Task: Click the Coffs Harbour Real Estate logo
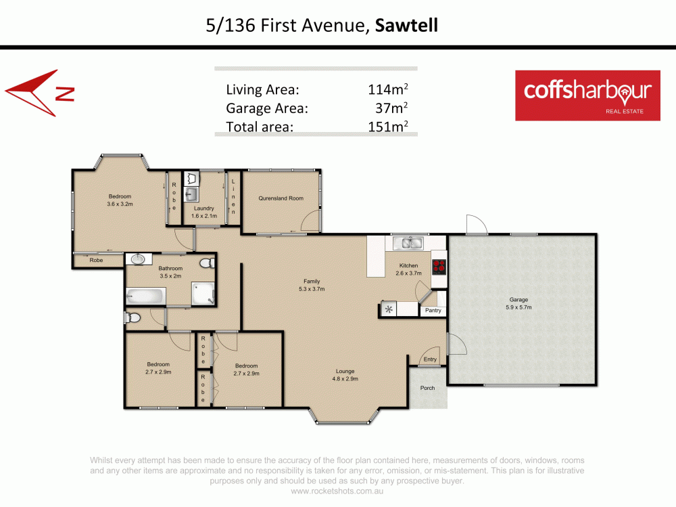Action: (587, 95)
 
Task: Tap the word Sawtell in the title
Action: (406, 26)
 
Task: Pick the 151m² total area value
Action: (385, 126)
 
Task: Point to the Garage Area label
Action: (267, 108)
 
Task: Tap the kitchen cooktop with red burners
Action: (439, 267)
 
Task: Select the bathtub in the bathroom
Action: (145, 296)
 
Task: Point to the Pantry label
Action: (433, 311)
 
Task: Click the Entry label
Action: (429, 359)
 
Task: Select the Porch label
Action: (427, 388)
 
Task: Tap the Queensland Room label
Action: (281, 198)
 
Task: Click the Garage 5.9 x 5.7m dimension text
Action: (518, 307)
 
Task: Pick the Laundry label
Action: (203, 208)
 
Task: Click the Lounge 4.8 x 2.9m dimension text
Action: (345, 379)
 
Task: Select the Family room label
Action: (312, 281)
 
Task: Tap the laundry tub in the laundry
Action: (191, 195)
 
